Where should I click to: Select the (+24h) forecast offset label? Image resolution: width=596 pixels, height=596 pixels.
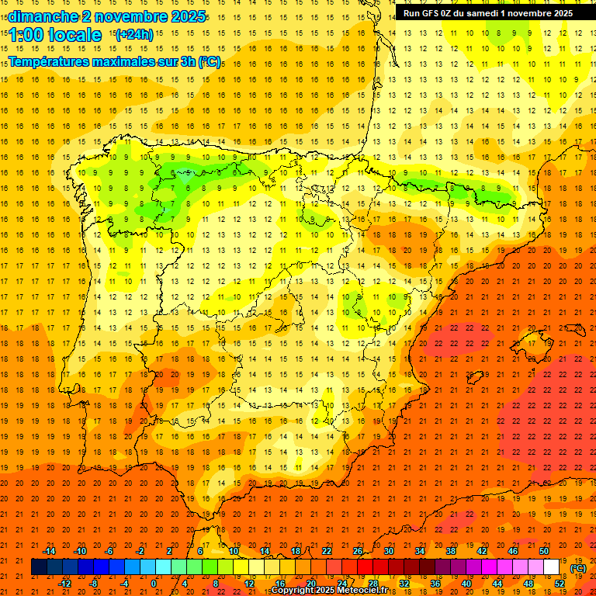click(x=134, y=35)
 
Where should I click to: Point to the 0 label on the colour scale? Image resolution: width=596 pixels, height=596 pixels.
click(x=153, y=583)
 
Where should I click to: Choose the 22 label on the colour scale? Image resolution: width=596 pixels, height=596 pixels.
click(x=326, y=551)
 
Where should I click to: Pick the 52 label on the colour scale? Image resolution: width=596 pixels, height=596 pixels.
click(x=560, y=583)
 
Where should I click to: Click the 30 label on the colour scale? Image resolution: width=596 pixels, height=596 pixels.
click(x=388, y=551)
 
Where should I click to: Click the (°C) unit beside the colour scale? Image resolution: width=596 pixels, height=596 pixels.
click(x=578, y=568)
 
